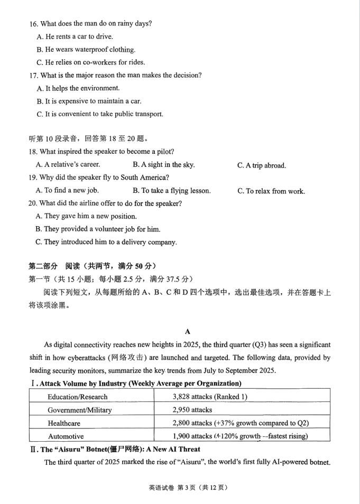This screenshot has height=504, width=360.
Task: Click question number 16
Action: tap(34, 24)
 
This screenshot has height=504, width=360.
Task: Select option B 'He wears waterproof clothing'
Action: tap(86, 50)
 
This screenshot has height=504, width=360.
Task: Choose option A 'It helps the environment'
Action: tap(78, 88)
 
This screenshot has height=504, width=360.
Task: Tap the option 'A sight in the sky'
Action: tap(164, 165)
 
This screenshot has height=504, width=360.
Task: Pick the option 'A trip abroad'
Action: tap(262, 165)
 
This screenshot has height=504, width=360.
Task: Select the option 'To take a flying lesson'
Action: tap(172, 191)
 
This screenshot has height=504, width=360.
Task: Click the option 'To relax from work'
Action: tap(271, 191)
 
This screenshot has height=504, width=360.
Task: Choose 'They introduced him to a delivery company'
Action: tap(106, 242)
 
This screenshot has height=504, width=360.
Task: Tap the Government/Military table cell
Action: tap(79, 410)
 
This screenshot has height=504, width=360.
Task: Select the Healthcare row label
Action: tap(64, 423)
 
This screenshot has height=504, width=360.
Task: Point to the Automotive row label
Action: tap(66, 436)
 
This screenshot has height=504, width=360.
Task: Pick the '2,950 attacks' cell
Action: tap(192, 410)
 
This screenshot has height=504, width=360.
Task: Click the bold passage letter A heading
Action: tap(187, 332)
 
